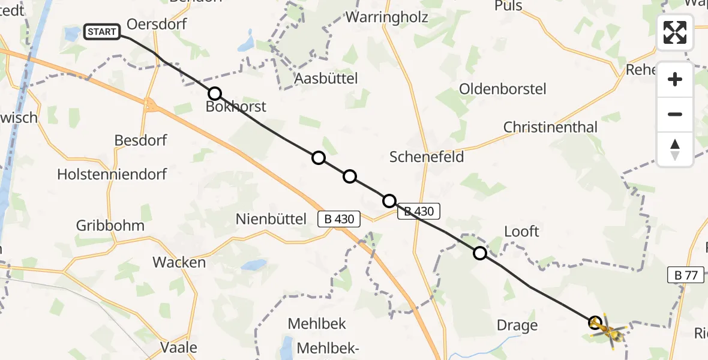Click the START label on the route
pos(102,32)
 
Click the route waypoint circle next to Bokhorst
pos(215,94)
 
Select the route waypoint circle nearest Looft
pos(480,253)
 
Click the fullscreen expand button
pos(675,32)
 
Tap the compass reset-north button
pos(675,149)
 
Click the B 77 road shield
pos(685,275)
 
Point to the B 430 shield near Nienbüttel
pos(339,220)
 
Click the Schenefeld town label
pos(427,157)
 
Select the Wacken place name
pos(179,262)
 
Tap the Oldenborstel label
pos(502,89)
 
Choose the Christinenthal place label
pos(550,127)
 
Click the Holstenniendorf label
pos(112,175)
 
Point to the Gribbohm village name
pos(110,226)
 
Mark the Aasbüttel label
pos(326,78)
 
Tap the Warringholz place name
pos(387,17)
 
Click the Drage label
pos(517,325)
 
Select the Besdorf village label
pos(140,140)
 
